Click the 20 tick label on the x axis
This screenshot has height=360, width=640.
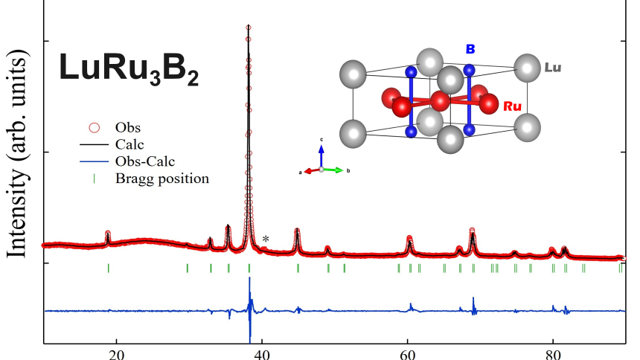116,353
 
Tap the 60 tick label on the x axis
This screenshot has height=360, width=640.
408,353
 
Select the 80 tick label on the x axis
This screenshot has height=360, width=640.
553,353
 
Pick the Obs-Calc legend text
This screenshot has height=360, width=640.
144,162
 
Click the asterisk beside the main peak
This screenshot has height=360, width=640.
266,239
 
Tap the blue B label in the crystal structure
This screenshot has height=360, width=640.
470,49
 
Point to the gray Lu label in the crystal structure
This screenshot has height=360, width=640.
552,68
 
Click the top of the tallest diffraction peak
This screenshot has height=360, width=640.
249,28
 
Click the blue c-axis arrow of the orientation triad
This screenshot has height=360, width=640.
321,153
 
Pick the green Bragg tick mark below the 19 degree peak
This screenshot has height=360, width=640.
109,268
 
